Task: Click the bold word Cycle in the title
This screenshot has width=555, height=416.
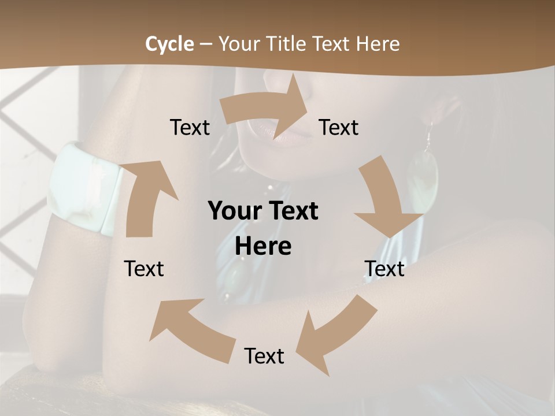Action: click(169, 43)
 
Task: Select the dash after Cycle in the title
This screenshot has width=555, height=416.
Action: click(206, 44)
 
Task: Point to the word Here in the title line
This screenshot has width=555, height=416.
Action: click(378, 43)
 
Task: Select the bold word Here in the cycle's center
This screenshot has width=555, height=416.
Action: click(263, 247)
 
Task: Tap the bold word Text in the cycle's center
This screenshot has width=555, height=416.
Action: click(293, 211)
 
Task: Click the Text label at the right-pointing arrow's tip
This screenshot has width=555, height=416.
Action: click(339, 127)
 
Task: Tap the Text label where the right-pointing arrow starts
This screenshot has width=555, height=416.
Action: click(190, 127)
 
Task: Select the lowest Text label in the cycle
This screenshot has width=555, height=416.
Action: click(264, 356)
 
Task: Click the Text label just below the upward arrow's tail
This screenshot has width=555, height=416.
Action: click(144, 269)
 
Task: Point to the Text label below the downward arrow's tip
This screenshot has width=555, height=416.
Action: click(384, 269)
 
